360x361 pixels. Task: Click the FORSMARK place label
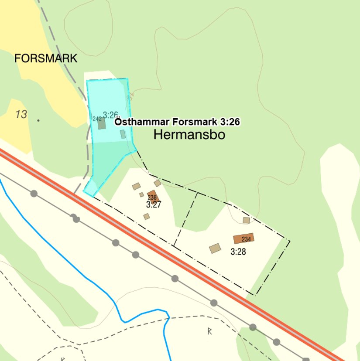point(46,58)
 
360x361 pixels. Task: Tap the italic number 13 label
point(21,114)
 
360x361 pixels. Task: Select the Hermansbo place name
point(189,135)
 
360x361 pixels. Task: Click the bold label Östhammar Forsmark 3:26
point(178,122)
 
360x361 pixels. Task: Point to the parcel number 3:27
point(154,204)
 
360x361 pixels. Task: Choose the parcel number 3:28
point(238,252)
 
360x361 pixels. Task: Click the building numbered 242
point(101,124)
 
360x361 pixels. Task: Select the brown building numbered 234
point(243,238)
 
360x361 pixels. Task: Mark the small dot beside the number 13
point(38,120)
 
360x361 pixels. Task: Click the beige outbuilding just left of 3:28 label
point(215,249)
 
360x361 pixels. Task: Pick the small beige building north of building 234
point(247,220)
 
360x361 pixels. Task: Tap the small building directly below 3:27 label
point(147,216)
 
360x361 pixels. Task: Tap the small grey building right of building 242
point(123,134)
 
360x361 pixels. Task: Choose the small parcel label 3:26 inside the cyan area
point(110,115)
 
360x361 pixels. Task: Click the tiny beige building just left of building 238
point(141,195)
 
